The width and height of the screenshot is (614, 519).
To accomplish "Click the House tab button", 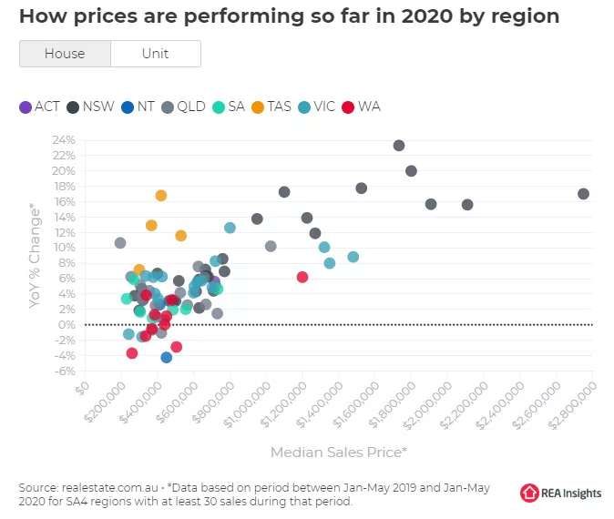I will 65,54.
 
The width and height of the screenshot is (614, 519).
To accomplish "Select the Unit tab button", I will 155,54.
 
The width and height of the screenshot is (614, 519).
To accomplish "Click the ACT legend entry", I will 39,107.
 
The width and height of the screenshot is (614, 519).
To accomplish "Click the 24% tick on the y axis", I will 64,140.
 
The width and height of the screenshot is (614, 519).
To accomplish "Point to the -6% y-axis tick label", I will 64,371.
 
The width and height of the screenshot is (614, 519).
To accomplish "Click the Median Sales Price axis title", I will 338,452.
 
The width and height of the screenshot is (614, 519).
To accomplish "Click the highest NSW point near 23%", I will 398,146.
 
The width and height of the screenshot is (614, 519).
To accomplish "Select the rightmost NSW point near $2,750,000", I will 583,194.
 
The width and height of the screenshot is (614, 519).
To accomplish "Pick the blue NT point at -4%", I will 166,357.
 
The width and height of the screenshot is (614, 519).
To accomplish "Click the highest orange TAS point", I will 161,196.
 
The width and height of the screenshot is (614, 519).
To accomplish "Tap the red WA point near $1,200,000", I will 302,277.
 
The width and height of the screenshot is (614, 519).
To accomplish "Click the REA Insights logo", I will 560,493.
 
